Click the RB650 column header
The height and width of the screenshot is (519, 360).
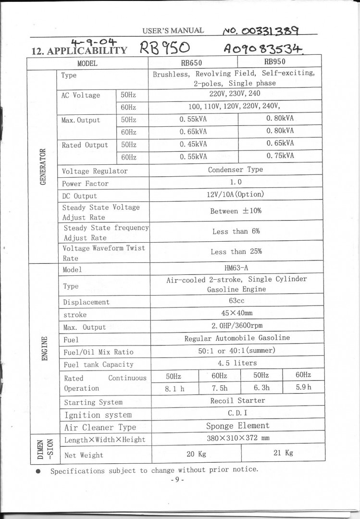pos(191,62)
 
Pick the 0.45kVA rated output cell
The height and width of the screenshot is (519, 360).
pos(193,144)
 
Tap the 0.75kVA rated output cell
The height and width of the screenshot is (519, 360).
pos(280,156)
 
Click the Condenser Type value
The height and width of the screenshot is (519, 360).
pos(235,170)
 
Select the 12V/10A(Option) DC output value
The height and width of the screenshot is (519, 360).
pos(235,195)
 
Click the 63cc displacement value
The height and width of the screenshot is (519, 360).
pos(236,301)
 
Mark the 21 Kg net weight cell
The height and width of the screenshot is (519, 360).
pos(283,453)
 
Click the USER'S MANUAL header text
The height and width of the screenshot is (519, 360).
pos(173,31)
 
